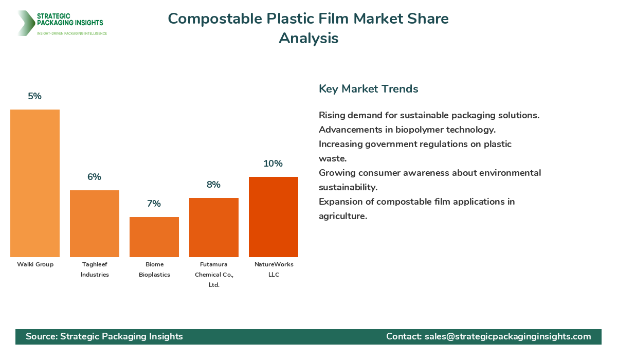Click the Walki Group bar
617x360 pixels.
(35, 183)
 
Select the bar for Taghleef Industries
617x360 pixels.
(95, 224)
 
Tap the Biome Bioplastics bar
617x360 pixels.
(154, 237)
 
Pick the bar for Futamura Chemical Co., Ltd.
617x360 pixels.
(214, 227)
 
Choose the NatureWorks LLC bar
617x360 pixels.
(274, 217)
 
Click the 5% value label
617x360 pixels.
(35, 96)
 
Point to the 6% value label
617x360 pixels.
(95, 177)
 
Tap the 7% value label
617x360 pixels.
(154, 204)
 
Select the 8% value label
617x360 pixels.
(214, 185)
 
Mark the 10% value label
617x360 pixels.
(274, 164)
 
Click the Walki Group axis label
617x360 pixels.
(35, 264)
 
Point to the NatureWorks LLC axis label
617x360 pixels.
(274, 269)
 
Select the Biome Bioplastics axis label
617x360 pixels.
(154, 269)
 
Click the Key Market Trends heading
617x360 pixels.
(369, 89)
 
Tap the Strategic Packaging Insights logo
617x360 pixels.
(62, 23)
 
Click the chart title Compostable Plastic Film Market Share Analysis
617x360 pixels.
(308, 28)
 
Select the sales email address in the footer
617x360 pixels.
(508, 336)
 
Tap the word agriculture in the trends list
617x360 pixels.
(343, 216)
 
